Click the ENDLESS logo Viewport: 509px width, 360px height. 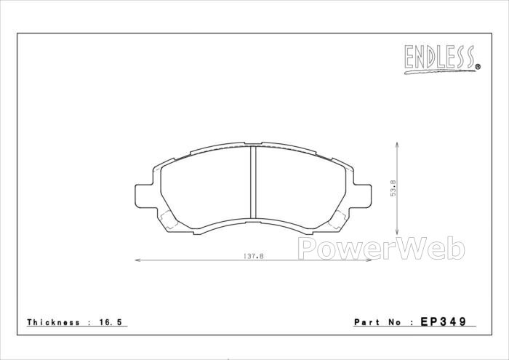tap(442, 59)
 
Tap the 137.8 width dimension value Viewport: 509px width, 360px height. tap(253, 256)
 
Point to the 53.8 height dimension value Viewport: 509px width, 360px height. tap(393, 188)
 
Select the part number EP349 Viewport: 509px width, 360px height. tap(443, 321)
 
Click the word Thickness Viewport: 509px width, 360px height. tap(53, 322)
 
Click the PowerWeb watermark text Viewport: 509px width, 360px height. tap(382, 249)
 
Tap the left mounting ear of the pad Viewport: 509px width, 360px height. tap(144, 196)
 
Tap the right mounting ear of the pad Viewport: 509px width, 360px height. tap(362, 196)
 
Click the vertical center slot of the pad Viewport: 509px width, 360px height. tap(253, 182)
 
